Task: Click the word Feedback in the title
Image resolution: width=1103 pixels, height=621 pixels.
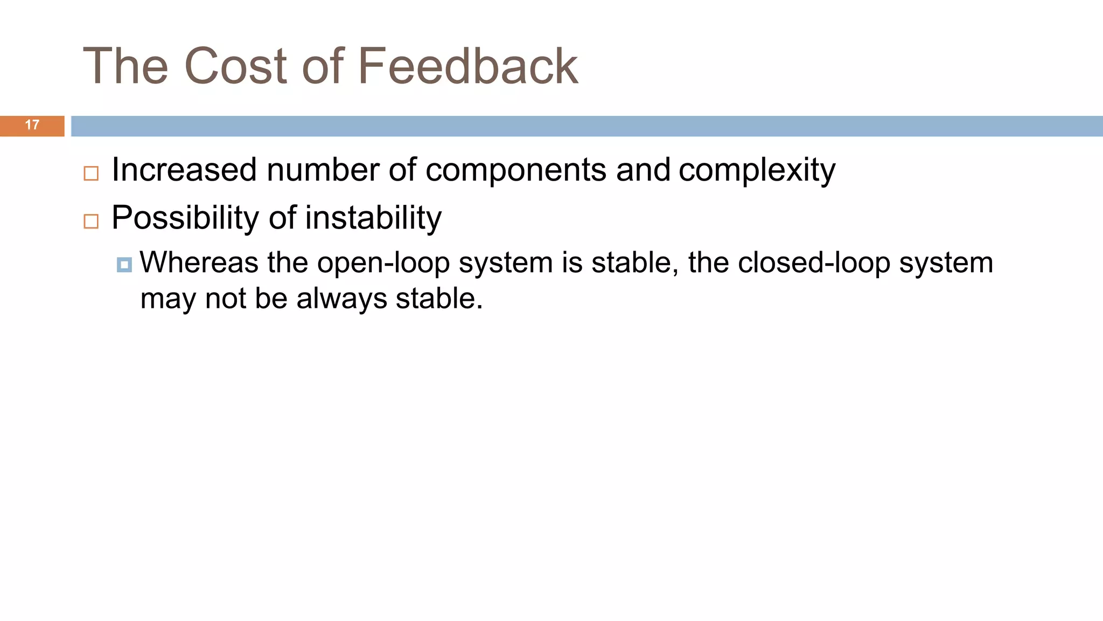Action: point(467,66)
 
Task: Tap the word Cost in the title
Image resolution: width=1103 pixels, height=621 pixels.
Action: point(235,66)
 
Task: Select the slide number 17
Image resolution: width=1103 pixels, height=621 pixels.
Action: point(32,125)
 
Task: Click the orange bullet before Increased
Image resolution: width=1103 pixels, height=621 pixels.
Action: point(91,174)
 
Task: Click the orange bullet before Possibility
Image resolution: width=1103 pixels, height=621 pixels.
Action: point(91,221)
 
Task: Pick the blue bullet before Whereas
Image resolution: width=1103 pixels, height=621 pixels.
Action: point(124,265)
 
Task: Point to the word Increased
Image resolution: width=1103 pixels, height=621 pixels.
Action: point(184,170)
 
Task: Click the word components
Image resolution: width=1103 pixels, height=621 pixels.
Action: point(516,170)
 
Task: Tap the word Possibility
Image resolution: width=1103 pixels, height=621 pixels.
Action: point(185,218)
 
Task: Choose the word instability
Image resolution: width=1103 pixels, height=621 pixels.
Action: point(373,218)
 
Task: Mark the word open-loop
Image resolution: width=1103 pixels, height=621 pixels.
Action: point(383,264)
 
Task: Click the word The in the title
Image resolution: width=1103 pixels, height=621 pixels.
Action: point(125,66)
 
